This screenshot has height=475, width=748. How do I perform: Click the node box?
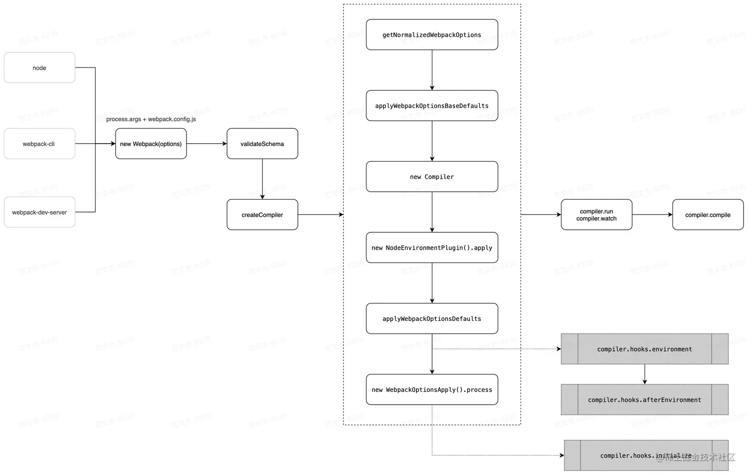[40, 68]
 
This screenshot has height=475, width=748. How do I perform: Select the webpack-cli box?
[40, 144]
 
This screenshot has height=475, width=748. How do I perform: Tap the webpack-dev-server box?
[40, 212]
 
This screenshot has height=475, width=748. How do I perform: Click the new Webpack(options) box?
[151, 144]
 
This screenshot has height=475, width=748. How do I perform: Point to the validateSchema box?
[262, 144]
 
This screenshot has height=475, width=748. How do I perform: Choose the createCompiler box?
[262, 214]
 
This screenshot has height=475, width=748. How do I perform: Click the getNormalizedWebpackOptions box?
[432, 35]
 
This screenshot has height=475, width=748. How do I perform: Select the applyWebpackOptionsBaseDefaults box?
[432, 106]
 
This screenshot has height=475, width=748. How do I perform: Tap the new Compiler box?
[432, 176]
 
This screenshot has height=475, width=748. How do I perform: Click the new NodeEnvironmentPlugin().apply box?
[432, 247]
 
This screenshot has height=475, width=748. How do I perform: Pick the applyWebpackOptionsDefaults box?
[432, 318]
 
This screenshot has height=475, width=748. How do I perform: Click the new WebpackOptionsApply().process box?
[432, 389]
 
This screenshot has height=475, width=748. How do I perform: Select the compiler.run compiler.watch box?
[596, 214]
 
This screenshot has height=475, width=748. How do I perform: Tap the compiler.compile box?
[707, 214]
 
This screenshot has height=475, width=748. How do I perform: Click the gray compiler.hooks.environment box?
[645, 349]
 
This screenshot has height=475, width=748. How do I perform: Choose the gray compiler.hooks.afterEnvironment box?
[645, 399]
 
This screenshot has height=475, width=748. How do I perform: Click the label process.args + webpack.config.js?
[151, 119]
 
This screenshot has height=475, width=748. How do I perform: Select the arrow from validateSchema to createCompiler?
[262, 179]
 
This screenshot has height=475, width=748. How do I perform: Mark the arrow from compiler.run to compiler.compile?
[652, 214]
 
